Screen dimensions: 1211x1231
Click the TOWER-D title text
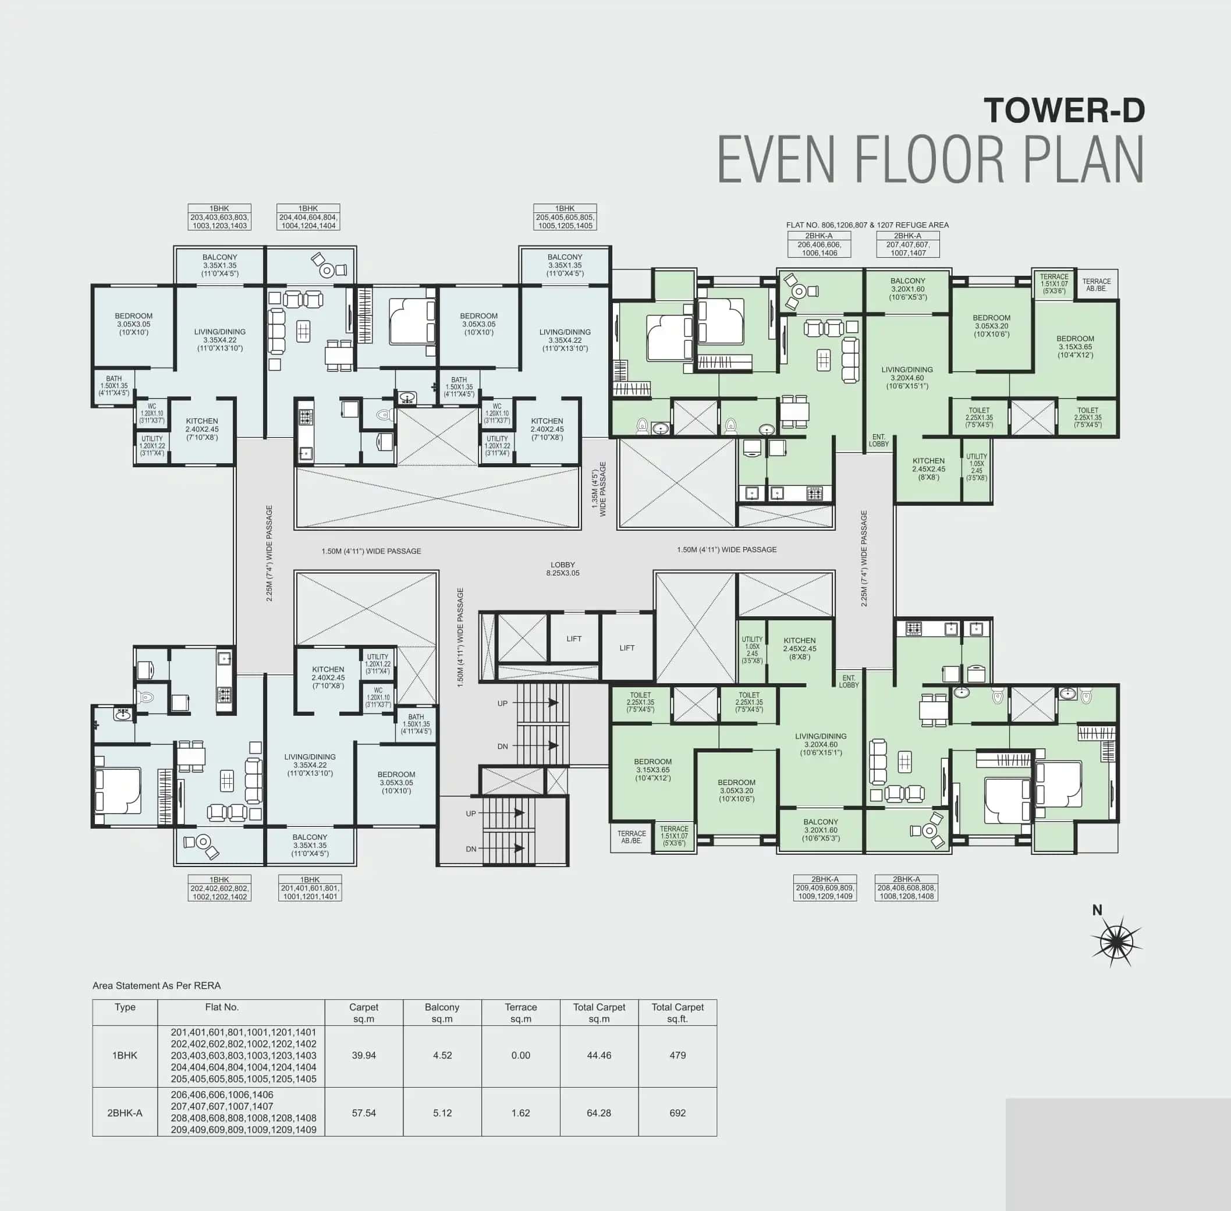point(1064,110)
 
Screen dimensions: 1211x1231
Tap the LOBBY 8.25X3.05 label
point(562,569)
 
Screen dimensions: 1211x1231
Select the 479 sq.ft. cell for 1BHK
point(677,1055)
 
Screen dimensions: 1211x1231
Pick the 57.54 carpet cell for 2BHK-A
point(364,1113)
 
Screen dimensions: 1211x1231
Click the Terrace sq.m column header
point(520,1013)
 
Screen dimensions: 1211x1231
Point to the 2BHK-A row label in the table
point(125,1113)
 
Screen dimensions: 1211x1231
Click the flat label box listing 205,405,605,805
point(565,218)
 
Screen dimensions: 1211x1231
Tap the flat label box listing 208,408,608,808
point(906,887)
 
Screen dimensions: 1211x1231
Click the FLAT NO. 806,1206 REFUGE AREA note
point(867,225)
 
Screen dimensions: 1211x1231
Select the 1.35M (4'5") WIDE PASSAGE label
point(599,488)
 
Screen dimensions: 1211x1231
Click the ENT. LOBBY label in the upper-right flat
point(878,440)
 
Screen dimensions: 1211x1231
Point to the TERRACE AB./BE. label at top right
point(1096,285)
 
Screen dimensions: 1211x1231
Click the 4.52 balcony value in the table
point(442,1055)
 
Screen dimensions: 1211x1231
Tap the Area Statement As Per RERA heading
point(157,985)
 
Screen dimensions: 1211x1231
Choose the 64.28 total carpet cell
point(599,1113)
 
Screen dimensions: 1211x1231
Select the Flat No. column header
point(222,1007)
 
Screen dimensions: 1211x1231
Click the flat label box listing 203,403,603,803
point(219,218)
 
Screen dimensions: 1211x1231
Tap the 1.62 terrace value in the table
point(520,1113)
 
